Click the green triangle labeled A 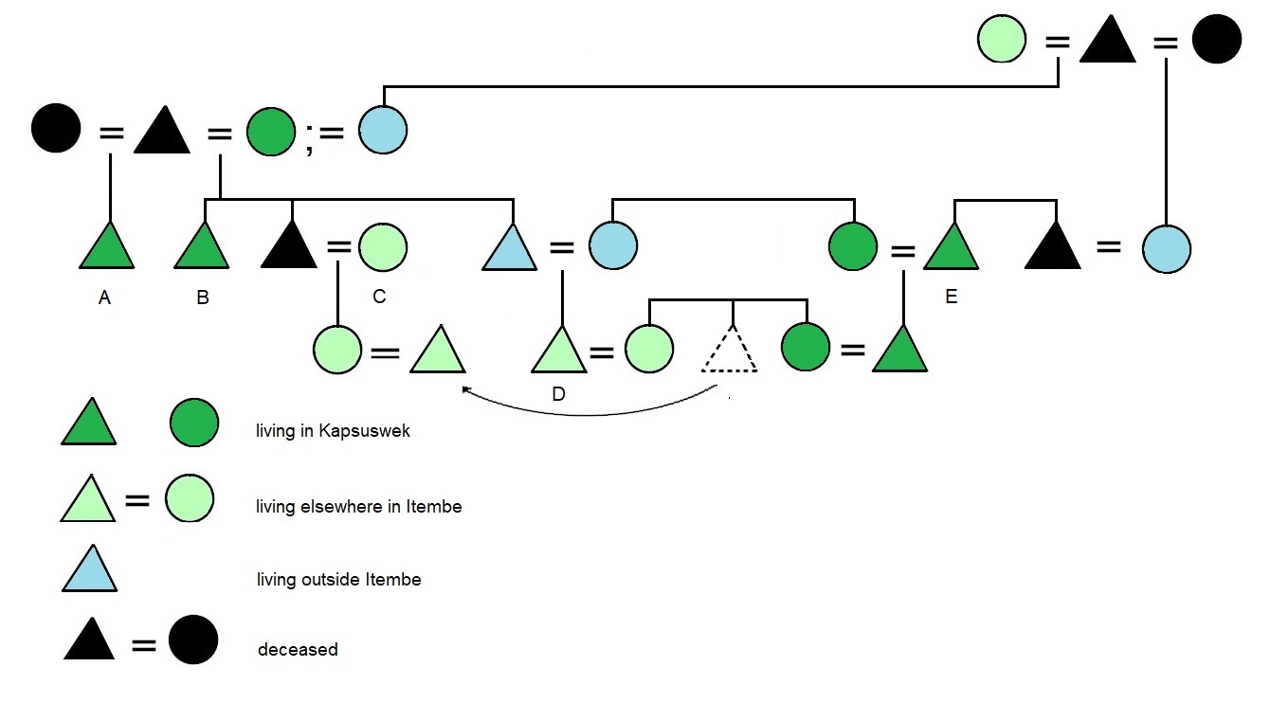(106, 249)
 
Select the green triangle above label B (202, 249)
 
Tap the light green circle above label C (383, 247)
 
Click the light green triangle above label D (559, 352)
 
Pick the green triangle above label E (951, 249)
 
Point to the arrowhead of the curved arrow (464, 388)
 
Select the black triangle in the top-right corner (1108, 43)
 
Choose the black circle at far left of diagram (56, 129)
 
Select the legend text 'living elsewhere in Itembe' (358, 507)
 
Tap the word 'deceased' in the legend (298, 650)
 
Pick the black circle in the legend (193, 640)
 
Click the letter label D (558, 394)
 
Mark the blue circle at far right (1166, 250)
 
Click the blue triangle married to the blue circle (511, 249)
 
